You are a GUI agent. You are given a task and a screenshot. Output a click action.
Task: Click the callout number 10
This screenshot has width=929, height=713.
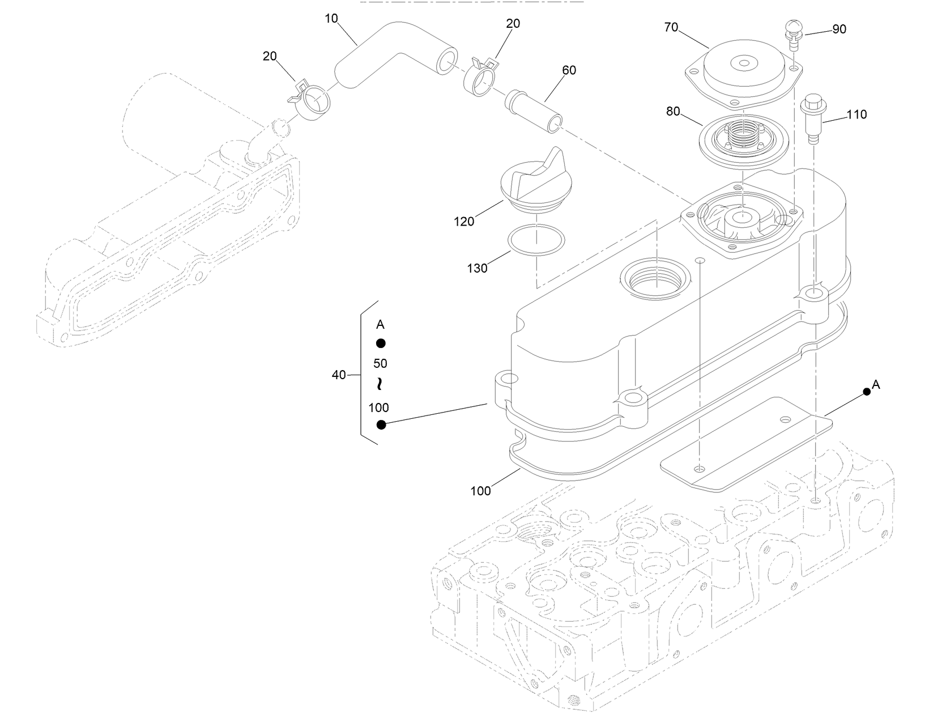pos(331,19)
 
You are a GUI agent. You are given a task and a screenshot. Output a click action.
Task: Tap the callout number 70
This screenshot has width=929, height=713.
pos(671,27)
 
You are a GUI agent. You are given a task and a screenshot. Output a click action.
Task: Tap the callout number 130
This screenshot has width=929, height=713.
pos(477,268)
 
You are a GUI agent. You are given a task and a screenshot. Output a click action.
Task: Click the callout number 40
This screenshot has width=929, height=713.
pos(338,375)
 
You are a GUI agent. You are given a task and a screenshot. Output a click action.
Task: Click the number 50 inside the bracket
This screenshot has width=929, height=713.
pos(380,363)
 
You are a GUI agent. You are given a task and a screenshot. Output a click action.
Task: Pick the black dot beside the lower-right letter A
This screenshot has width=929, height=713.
pos(866,392)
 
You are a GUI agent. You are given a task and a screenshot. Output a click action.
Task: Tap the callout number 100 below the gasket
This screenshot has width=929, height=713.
pos(480,491)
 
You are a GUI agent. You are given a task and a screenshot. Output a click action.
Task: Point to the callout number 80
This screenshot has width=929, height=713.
pos(672,112)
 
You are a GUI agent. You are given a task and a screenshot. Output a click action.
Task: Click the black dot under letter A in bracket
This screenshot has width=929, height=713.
pos(381,343)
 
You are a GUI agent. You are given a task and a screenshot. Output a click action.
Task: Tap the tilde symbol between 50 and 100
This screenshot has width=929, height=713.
pos(380,384)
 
